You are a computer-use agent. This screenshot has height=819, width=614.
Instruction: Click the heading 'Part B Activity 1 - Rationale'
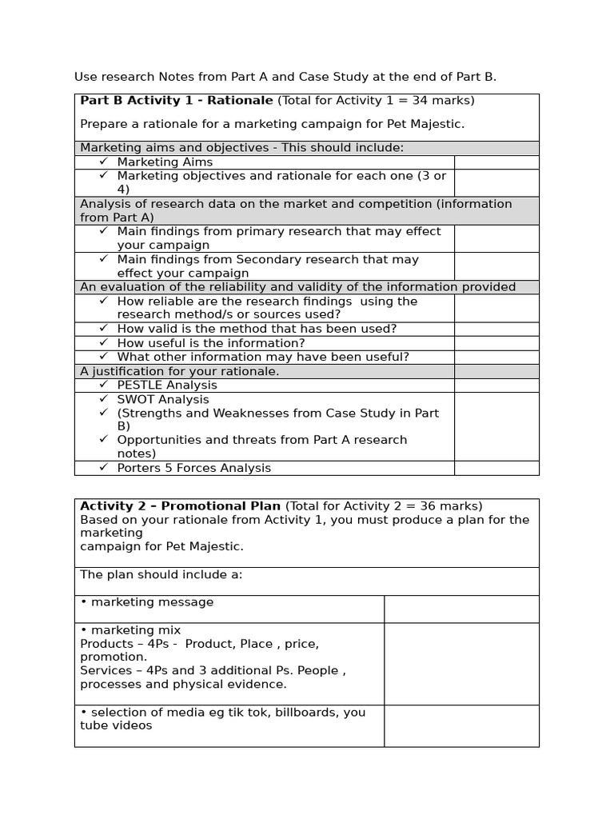pyautogui.click(x=176, y=101)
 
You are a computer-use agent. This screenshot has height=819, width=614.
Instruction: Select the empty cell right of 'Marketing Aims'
pyautogui.click(x=496, y=162)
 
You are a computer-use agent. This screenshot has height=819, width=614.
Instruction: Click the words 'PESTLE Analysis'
pyautogui.click(x=166, y=386)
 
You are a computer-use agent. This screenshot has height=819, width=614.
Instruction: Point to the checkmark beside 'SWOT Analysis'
pyautogui.click(x=103, y=399)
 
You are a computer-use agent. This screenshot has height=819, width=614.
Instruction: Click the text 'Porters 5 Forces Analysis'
pyautogui.click(x=193, y=468)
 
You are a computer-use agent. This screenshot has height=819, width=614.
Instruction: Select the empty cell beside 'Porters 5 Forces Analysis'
pyautogui.click(x=496, y=468)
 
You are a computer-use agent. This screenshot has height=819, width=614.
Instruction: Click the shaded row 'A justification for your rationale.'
pyautogui.click(x=180, y=372)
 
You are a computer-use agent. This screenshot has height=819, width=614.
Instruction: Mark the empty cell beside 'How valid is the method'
pyautogui.click(x=496, y=329)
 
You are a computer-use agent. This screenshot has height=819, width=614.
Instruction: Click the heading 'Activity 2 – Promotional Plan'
pyautogui.click(x=180, y=506)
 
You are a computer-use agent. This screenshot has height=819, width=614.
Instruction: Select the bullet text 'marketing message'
pyautogui.click(x=152, y=602)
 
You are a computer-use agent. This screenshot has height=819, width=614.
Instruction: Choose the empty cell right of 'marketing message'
pyautogui.click(x=460, y=609)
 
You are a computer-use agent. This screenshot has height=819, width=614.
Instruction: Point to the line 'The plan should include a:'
pyautogui.click(x=161, y=575)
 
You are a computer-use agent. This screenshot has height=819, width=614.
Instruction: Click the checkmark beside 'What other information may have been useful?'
pyautogui.click(x=103, y=357)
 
